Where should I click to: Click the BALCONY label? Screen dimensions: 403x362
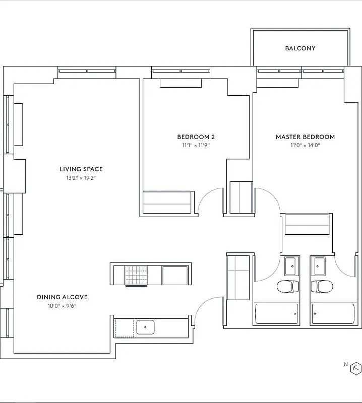point(300,48)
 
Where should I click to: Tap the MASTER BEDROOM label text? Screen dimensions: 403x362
point(305,137)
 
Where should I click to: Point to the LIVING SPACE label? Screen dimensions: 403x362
point(81,169)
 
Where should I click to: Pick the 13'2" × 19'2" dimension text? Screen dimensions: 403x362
point(81,178)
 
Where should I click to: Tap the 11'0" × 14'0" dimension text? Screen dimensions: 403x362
point(305,146)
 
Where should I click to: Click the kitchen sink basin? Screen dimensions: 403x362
point(145,327)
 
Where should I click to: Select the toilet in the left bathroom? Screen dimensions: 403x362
point(288,287)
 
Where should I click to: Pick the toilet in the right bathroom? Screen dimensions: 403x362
point(321,287)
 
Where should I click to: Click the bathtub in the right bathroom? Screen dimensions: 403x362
point(334,314)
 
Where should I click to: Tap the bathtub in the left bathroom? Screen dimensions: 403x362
point(278,314)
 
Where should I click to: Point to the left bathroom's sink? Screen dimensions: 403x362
point(290,264)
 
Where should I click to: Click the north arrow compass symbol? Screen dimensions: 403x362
point(356,369)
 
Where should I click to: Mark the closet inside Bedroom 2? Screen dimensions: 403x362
point(167,203)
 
